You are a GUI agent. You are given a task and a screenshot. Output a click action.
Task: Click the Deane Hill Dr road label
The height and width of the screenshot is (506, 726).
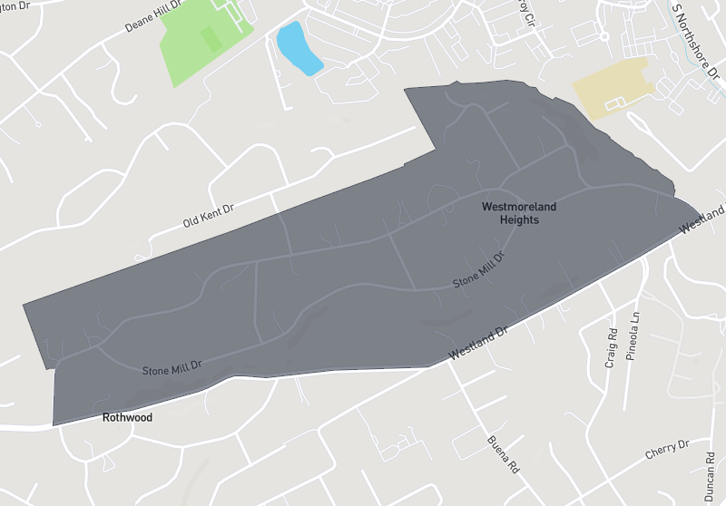tap(153, 17)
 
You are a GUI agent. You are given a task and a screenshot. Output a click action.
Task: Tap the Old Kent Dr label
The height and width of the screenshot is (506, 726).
tap(208, 215)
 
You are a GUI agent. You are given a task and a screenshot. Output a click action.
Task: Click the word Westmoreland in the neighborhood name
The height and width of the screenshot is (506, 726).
tap(519, 208)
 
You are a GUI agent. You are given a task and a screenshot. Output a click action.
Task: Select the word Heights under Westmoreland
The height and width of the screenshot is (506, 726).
tap(519, 219)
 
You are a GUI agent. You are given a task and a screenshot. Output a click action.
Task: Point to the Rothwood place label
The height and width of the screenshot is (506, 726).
tap(127, 418)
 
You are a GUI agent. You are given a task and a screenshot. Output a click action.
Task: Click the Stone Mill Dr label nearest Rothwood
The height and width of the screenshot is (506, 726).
tap(172, 369)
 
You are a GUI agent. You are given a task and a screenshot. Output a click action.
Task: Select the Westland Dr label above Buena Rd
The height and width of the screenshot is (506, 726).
tap(477, 345)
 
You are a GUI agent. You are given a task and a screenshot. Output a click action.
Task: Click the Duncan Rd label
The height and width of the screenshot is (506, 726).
tap(709, 478)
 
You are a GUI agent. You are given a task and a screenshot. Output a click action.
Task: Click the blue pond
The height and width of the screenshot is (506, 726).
tap(298, 49)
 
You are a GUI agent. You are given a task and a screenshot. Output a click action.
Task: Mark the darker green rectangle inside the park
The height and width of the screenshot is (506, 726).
tap(211, 38)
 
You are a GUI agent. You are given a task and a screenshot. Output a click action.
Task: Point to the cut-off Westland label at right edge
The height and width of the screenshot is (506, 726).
tap(703, 219)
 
